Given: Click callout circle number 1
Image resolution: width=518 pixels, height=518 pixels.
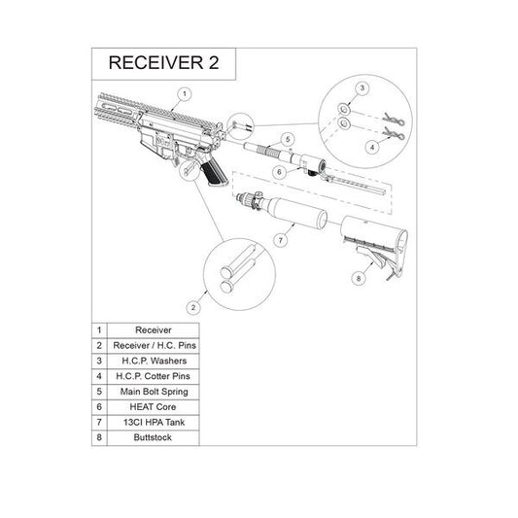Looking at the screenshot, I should pos(182,94).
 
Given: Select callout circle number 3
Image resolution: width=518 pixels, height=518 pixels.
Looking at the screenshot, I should pos(361,88).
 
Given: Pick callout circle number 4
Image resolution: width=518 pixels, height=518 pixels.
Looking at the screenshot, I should pos(372,147).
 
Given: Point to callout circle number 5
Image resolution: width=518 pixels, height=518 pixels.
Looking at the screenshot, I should pos(289,140).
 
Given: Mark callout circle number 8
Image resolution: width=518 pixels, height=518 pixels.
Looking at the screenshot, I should pos(359,279).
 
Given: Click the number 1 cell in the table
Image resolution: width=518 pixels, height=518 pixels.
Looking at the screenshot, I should pos(97,329).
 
